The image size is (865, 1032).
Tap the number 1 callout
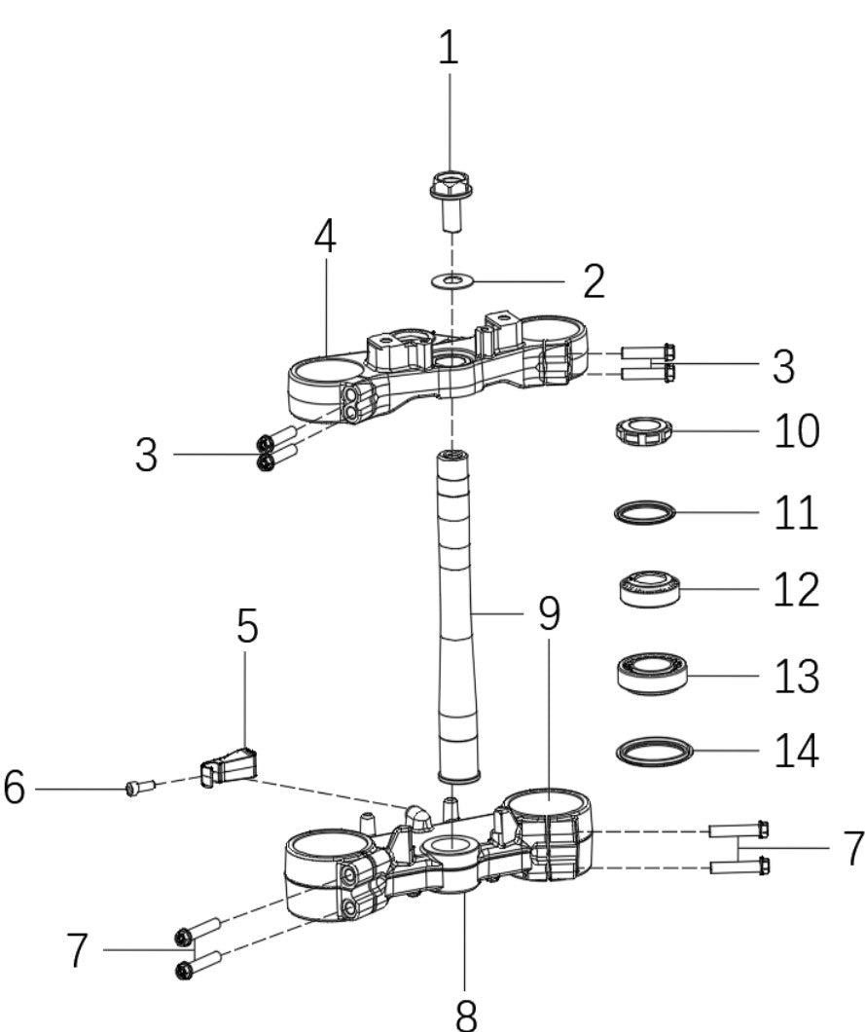(448, 49)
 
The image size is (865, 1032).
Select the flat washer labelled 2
(450, 281)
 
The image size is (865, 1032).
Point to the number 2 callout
(593, 281)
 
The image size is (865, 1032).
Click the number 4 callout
(326, 237)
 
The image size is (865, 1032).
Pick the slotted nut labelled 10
(643, 430)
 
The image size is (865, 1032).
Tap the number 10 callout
(796, 431)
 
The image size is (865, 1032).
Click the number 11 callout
(796, 512)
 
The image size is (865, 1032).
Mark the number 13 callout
(796, 675)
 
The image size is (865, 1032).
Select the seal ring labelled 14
(655, 752)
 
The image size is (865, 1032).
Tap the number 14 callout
(796, 753)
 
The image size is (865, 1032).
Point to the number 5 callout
(247, 628)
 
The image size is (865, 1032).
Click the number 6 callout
(15, 788)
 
